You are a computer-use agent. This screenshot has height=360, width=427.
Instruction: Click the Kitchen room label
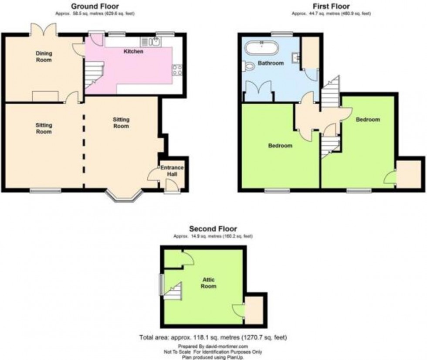coord(133,51)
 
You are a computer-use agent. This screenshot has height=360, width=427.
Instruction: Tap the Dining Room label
coord(44,56)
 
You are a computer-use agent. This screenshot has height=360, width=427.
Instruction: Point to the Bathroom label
coord(271,63)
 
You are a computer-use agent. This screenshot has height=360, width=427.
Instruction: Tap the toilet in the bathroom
coord(249,67)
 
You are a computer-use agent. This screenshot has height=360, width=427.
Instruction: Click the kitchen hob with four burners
coord(177,70)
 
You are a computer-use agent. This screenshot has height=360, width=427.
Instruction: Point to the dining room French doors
coord(44,30)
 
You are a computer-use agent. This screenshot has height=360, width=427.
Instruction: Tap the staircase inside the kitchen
coord(95,75)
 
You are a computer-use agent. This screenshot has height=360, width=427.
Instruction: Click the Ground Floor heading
coord(95,6)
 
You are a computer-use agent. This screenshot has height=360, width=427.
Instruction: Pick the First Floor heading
coord(331,6)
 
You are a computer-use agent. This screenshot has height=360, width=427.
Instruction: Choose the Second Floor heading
coord(213,228)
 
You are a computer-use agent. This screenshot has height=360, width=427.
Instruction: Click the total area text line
coord(213,337)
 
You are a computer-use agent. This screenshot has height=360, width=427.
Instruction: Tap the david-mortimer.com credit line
coord(213,346)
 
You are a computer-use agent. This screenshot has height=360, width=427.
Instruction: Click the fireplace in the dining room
coord(45,96)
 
